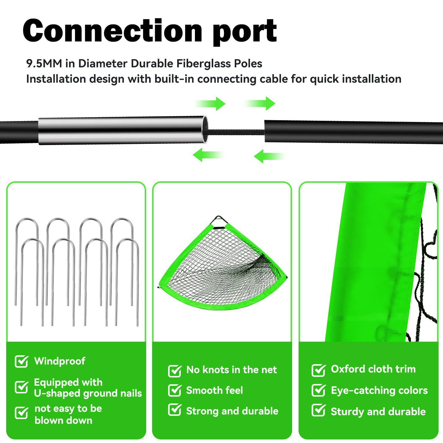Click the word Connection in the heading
tap(113, 30)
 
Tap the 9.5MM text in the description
tap(44, 63)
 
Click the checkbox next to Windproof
tap(22, 361)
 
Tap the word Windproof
tap(60, 361)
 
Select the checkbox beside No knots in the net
tap(175, 371)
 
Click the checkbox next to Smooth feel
tap(175, 390)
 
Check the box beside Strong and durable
tap(175, 410)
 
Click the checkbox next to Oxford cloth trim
tap(318, 370)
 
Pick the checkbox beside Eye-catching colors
tap(318, 390)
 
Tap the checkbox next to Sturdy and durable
tap(318, 411)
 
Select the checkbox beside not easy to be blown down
tap(22, 413)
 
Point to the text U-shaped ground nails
tap(88, 393)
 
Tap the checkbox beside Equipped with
tap(22, 387)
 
